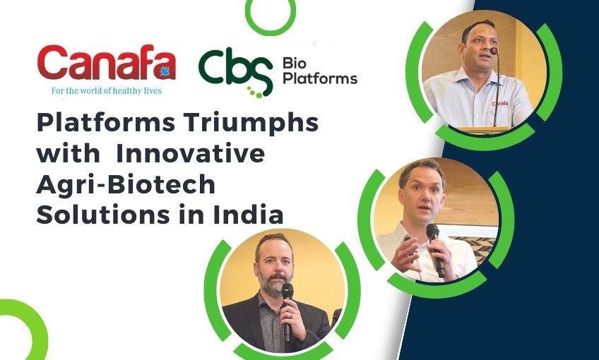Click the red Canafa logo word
[106, 65]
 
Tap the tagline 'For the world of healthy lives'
[106, 91]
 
